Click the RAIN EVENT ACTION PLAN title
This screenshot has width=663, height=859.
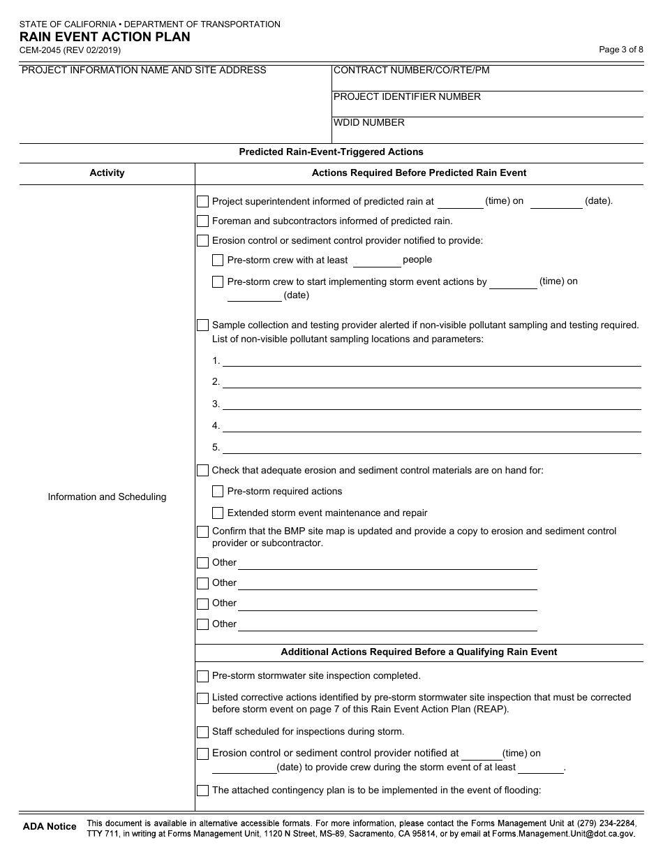click(105, 37)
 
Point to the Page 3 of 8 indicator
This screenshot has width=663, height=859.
click(621, 50)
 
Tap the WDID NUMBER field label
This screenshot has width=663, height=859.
click(369, 122)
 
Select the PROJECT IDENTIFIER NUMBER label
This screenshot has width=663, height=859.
click(407, 96)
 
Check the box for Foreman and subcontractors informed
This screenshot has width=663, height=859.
click(202, 221)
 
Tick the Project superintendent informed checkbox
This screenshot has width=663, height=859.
click(202, 202)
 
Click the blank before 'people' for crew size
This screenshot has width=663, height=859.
click(376, 261)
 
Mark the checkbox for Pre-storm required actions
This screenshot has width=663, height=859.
click(218, 492)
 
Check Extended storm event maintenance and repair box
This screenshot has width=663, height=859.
click(218, 513)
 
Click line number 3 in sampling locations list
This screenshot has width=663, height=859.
click(431, 404)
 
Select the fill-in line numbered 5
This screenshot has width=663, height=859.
click(431, 448)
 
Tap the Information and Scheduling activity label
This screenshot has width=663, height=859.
click(107, 497)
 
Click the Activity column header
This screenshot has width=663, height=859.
click(107, 172)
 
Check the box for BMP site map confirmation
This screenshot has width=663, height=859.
click(202, 532)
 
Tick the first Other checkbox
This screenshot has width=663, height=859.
click(202, 563)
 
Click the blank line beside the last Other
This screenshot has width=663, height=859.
click(387, 625)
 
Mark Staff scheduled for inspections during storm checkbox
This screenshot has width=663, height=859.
click(202, 733)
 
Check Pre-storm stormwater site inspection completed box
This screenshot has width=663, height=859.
click(202, 677)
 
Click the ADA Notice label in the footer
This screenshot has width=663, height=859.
click(50, 826)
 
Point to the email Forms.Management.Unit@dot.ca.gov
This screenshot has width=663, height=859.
click(563, 833)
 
